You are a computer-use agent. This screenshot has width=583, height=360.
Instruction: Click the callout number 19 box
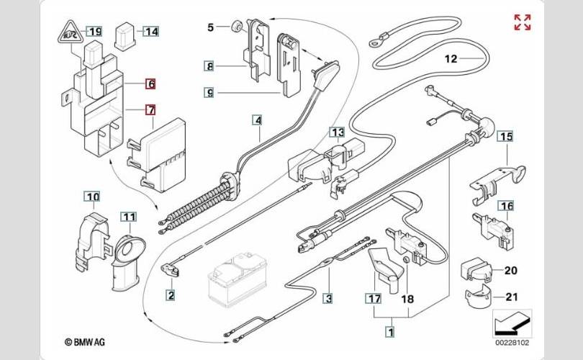(95, 31)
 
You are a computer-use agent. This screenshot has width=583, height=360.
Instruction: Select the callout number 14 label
(150, 32)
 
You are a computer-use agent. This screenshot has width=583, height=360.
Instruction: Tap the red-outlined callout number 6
(150, 84)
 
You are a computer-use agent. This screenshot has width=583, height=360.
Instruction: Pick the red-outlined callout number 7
(150, 110)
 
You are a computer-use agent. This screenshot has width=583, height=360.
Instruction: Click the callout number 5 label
(211, 28)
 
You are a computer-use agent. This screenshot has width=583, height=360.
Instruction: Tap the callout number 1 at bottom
(390, 332)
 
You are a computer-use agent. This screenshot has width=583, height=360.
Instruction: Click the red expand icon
(523, 22)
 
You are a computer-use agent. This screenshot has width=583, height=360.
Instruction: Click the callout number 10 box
(92, 197)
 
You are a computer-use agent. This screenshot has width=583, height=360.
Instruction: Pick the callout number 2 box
(171, 294)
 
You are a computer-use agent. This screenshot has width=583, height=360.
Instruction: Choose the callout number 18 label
(408, 298)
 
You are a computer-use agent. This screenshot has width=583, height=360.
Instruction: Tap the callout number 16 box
(507, 206)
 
